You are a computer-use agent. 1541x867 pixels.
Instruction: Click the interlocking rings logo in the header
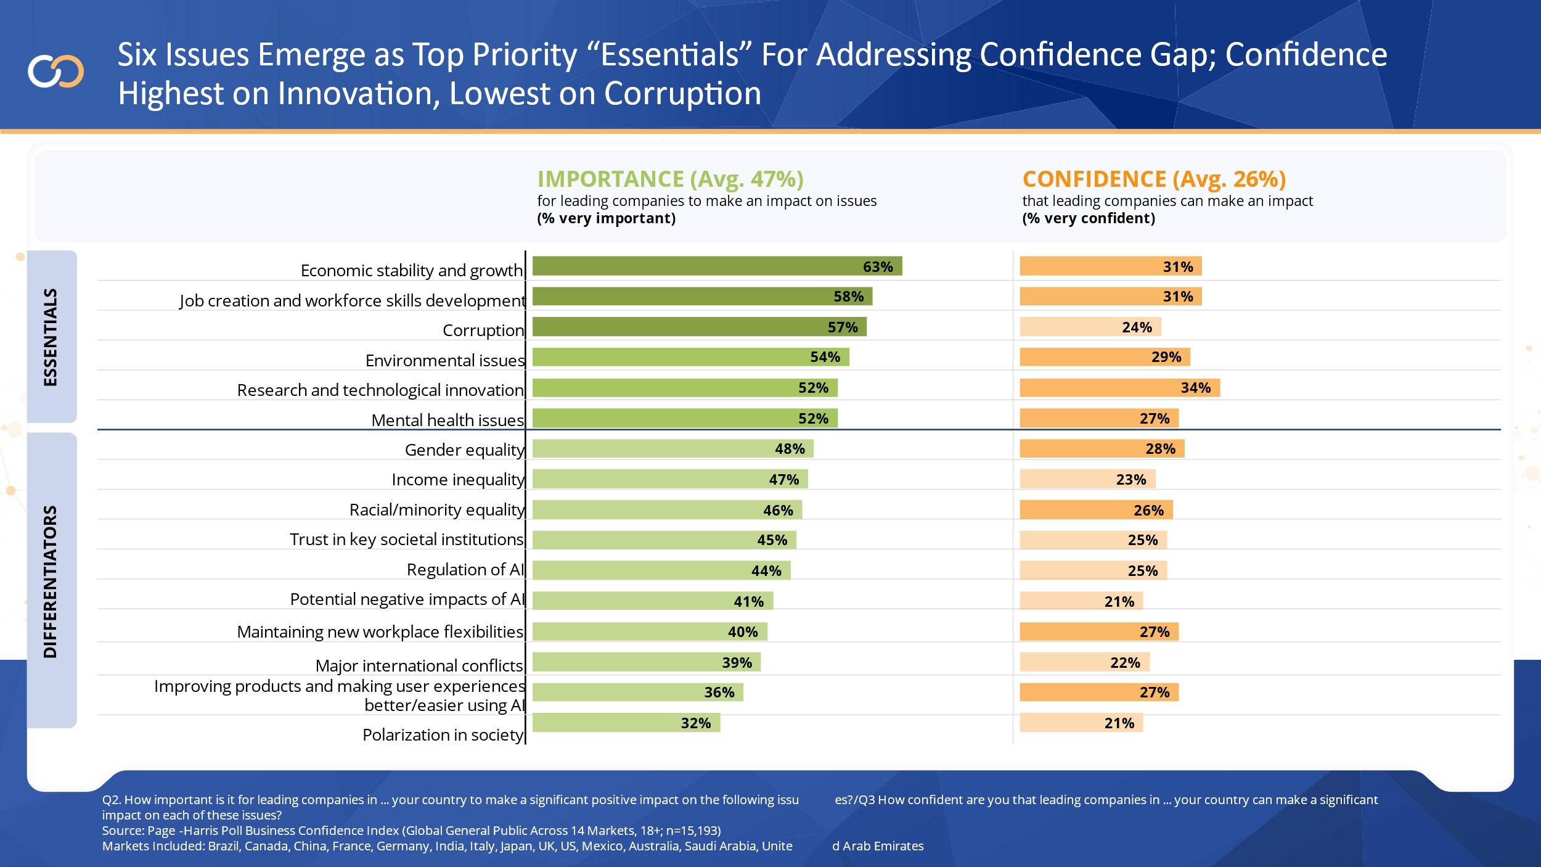pos(55,72)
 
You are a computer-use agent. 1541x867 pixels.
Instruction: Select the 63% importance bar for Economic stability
pos(716,266)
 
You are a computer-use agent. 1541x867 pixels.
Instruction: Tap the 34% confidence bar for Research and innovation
pos(1119,388)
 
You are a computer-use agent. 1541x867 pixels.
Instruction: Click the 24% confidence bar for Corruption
pos(1090,327)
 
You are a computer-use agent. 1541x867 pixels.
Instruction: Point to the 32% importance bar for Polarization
pos(626,723)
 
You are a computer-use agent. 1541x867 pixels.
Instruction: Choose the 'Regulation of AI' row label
pos(465,569)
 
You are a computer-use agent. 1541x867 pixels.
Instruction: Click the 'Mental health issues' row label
pos(448,420)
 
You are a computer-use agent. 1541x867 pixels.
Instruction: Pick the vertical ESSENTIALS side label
pos(51,337)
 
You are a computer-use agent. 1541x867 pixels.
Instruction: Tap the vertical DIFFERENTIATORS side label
pos(51,581)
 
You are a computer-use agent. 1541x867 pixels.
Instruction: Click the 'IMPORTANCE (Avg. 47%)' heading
pos(671,179)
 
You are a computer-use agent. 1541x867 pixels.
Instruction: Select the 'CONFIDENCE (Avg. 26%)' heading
pos(1154,179)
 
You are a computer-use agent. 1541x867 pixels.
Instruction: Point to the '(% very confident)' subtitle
pos(1089,218)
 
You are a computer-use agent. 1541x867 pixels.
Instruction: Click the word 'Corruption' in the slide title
pos(682,94)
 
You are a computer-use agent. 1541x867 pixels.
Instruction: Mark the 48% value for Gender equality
pos(790,449)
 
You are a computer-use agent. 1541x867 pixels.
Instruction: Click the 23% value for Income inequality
pos(1131,480)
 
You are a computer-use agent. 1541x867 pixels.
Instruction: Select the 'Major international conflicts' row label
pos(419,665)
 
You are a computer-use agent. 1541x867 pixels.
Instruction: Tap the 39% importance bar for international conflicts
pos(646,662)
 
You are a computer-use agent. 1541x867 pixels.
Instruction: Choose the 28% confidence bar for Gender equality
pos(1102,449)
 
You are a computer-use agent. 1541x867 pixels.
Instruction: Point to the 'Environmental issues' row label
pos(444,360)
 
